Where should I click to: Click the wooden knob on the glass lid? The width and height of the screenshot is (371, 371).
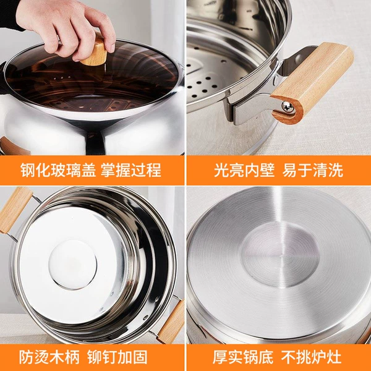(x=95, y=53)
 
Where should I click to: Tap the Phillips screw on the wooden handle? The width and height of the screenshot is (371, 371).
(x=288, y=107)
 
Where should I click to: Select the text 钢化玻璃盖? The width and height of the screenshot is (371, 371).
(x=58, y=170)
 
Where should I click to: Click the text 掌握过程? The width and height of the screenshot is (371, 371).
(x=131, y=170)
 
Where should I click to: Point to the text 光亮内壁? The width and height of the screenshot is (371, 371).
(x=244, y=170)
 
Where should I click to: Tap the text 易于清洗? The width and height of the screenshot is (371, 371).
(x=312, y=170)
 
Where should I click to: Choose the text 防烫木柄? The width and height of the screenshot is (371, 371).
(x=49, y=357)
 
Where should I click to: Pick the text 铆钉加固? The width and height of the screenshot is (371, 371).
(x=117, y=357)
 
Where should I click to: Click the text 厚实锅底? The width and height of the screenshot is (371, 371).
(x=243, y=357)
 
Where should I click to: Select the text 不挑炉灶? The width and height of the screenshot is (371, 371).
(x=312, y=357)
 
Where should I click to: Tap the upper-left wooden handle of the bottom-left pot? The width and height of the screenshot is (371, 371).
(x=14, y=210)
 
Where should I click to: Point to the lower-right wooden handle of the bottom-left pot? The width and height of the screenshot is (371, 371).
(x=171, y=322)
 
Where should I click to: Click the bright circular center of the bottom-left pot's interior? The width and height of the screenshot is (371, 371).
(x=72, y=264)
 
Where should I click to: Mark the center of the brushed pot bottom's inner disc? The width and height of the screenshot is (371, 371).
(x=279, y=255)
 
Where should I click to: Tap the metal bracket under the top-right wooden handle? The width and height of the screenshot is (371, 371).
(x=251, y=109)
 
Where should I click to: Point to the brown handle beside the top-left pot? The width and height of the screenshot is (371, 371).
(x=12, y=146)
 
